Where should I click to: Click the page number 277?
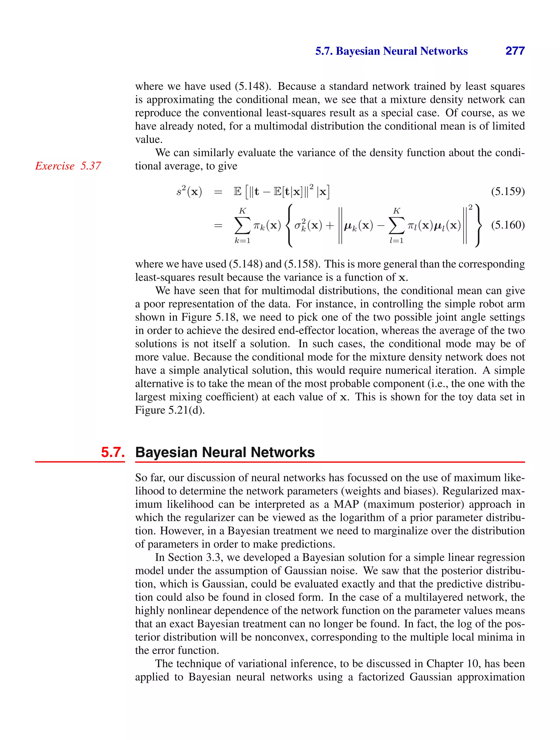point(515,51)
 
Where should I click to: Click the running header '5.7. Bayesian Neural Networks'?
point(391,51)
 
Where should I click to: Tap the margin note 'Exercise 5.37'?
point(68,166)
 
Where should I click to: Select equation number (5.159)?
point(507,191)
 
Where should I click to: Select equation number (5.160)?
point(507,225)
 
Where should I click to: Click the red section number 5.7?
point(113,452)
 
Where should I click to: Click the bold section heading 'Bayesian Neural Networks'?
point(225,452)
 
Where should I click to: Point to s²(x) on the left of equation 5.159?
point(189,192)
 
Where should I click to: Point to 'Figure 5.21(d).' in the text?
point(170,410)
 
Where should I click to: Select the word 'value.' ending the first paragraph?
point(148,139)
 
